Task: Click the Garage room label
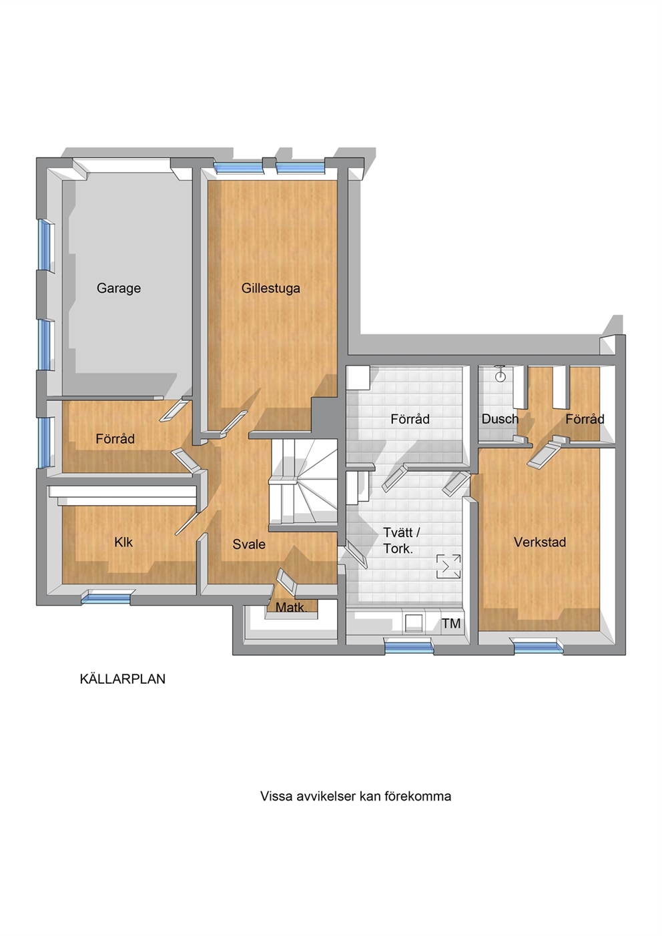(x=119, y=289)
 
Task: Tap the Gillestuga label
(x=270, y=289)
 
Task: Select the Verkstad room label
(x=540, y=542)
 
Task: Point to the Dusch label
(x=500, y=419)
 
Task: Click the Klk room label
(x=123, y=542)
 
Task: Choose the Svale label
(x=249, y=544)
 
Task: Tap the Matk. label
(x=292, y=607)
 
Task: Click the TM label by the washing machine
(x=451, y=623)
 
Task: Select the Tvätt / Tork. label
(x=401, y=540)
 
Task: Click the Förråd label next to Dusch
(x=585, y=419)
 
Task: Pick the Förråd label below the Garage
(x=115, y=439)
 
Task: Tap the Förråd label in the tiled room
(x=410, y=419)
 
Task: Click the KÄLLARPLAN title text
(x=122, y=679)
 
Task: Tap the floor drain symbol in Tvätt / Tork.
(x=448, y=566)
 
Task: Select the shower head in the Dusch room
(x=499, y=373)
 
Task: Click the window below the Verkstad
(x=539, y=646)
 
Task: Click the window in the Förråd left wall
(x=45, y=442)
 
